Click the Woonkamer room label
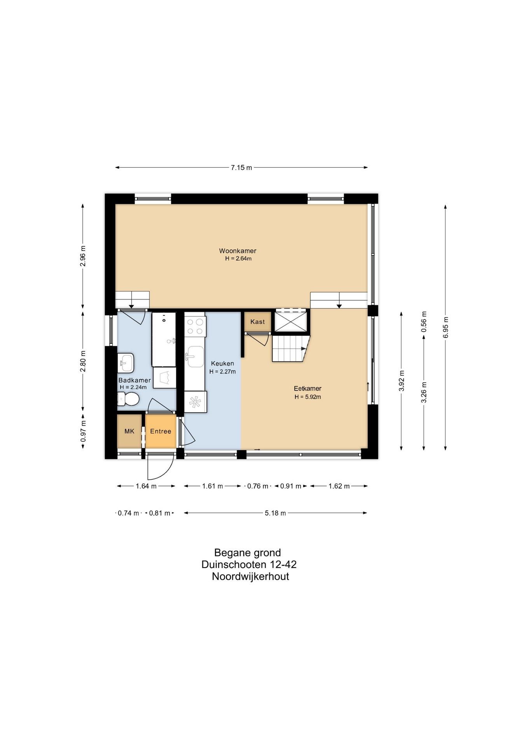tap(238, 251)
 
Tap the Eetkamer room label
tap(308, 388)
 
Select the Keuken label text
tap(222, 363)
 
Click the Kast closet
tap(257, 322)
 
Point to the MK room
tap(129, 431)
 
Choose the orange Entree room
tap(161, 431)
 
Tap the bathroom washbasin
tap(126, 363)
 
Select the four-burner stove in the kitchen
tap(195, 326)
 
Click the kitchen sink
tap(195, 356)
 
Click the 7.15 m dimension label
tap(241, 168)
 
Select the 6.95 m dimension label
tap(446, 327)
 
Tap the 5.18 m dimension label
tap(275, 513)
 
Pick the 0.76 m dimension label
tap(258, 486)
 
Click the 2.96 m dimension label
tap(83, 256)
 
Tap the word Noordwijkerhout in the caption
tap(250, 576)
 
